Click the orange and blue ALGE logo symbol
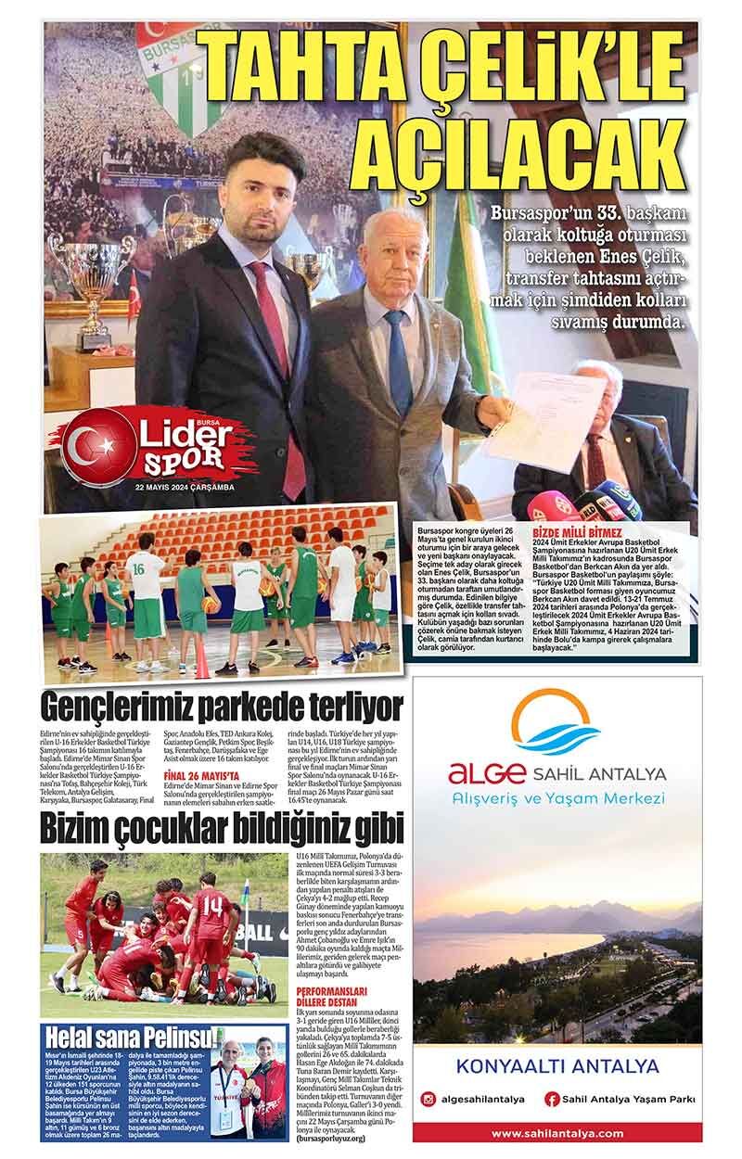(556, 724)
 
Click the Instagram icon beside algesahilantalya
(428, 1100)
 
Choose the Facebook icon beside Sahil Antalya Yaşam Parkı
(552, 1100)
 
